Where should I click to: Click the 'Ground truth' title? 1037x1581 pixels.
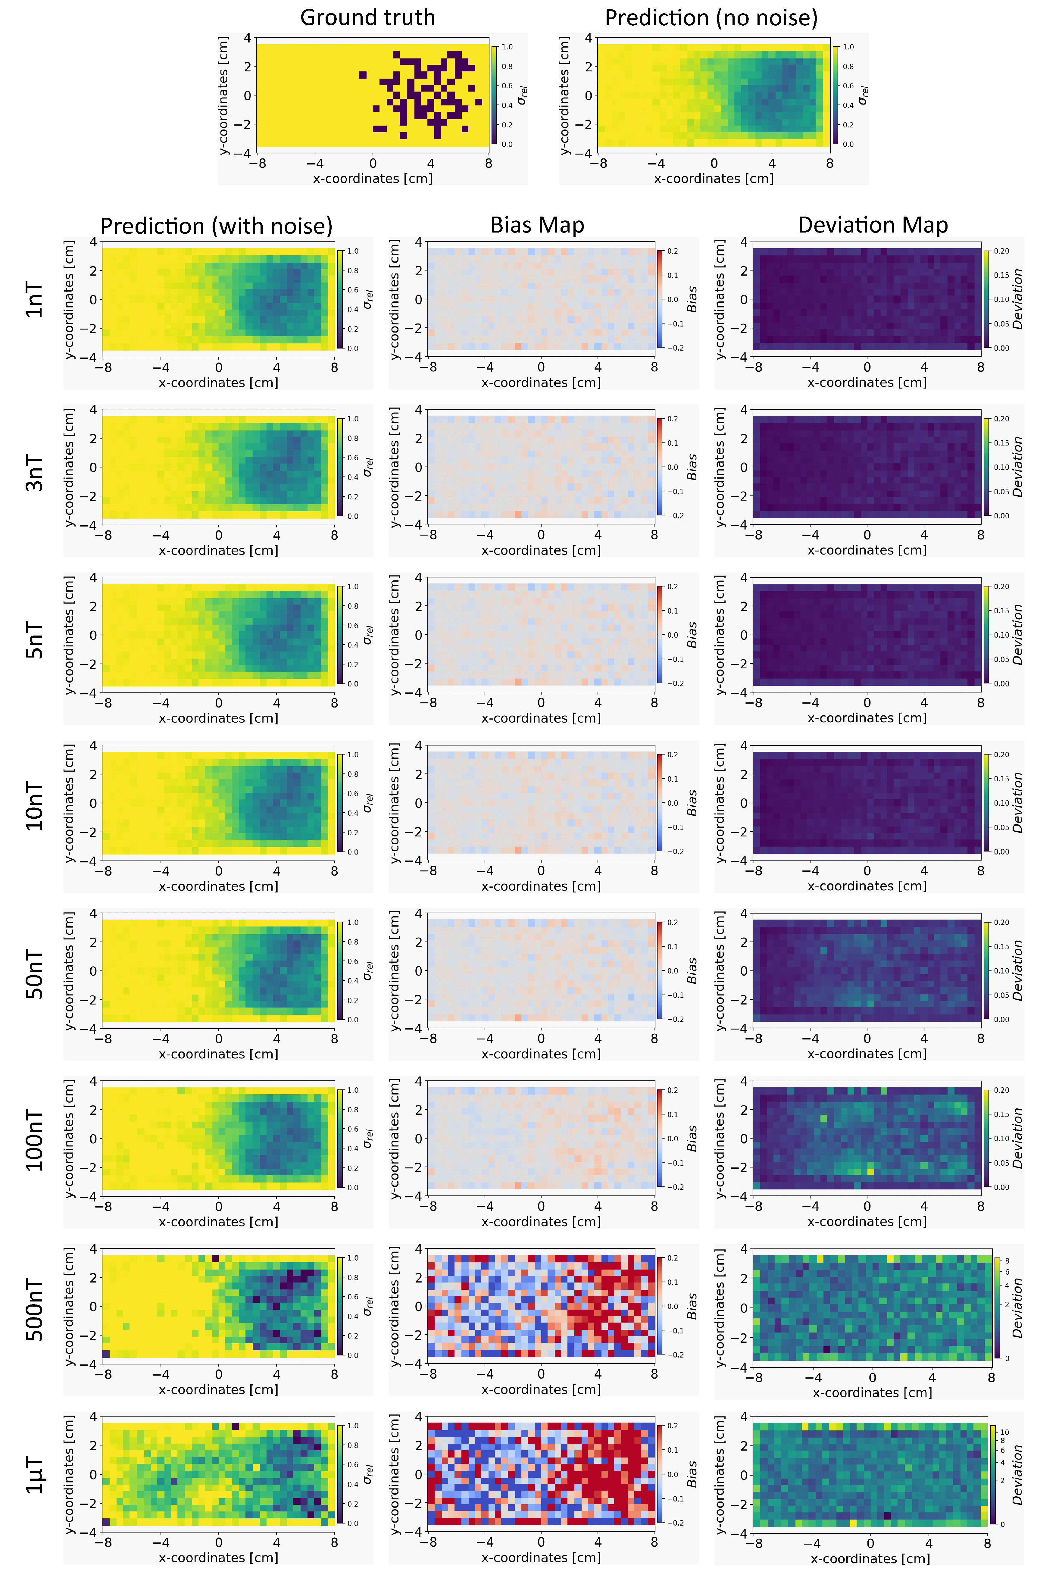pos(367,17)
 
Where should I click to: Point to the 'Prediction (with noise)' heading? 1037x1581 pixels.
pos(217,226)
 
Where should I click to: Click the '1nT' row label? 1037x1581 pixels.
pos(35,300)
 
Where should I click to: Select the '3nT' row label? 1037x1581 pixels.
pos(35,473)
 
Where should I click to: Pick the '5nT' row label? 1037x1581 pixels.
pos(35,640)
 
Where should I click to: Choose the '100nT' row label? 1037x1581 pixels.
pos(35,1141)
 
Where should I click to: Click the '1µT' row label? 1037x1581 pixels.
pos(35,1476)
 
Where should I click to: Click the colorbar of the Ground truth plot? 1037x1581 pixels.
pos(494,95)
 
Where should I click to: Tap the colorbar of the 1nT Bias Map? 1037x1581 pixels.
pos(660,299)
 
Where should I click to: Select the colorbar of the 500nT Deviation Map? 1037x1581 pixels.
pos(996,1309)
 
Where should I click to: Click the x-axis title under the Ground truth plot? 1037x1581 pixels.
pos(373,178)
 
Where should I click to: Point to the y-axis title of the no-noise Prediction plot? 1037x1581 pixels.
pos(565,95)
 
